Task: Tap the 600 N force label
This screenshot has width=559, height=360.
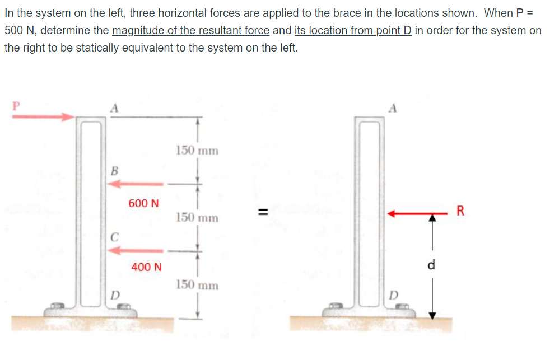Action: pyautogui.click(x=143, y=203)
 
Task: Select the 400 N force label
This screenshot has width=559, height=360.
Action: pyautogui.click(x=146, y=267)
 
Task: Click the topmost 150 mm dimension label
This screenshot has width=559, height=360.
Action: pyautogui.click(x=197, y=151)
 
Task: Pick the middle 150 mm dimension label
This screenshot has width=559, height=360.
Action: pyautogui.click(x=197, y=217)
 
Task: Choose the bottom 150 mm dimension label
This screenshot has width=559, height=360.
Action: pyautogui.click(x=197, y=285)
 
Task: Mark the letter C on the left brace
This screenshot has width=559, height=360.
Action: pyautogui.click(x=114, y=236)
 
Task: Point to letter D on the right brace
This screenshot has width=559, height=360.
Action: pyautogui.click(x=395, y=294)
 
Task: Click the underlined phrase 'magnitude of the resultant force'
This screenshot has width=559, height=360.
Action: pyautogui.click(x=190, y=30)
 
